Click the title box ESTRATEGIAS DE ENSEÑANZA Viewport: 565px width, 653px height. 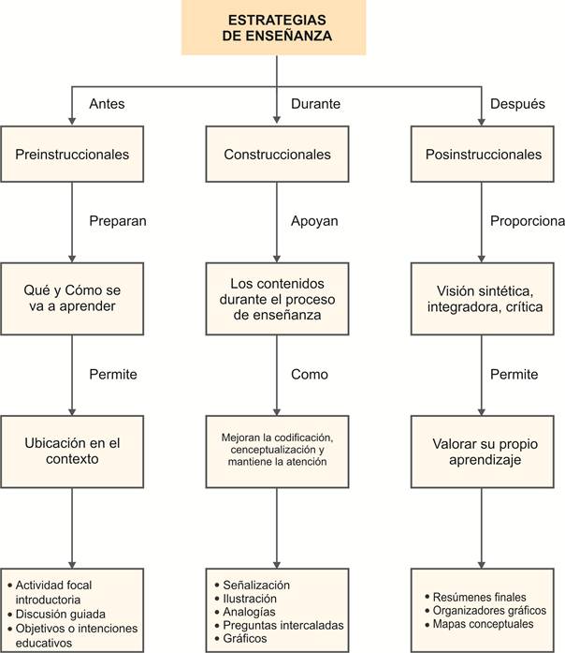(x=273, y=27)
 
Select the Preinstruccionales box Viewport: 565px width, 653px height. (x=72, y=154)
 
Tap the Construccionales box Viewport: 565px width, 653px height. (x=277, y=154)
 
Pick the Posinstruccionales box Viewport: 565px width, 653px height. (x=483, y=154)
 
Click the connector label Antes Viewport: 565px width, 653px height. (x=107, y=104)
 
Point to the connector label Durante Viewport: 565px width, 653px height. (x=315, y=104)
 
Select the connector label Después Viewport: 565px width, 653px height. (x=517, y=104)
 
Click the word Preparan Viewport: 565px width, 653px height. (x=118, y=221)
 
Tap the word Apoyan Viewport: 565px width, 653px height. (x=314, y=221)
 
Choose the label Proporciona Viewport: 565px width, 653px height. (x=528, y=221)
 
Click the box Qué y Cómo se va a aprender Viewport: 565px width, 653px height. (x=72, y=299)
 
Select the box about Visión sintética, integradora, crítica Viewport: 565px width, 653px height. (x=483, y=299)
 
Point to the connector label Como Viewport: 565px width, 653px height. (x=310, y=374)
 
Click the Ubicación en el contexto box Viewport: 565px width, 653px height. (x=72, y=452)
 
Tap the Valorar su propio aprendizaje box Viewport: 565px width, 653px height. (x=483, y=452)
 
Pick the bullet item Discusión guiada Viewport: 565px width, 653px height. (x=60, y=614)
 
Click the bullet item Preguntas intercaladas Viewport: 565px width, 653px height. (x=283, y=625)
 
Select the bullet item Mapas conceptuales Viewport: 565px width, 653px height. (x=483, y=624)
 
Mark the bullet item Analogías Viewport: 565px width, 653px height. (x=249, y=612)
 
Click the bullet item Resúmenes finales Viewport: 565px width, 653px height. (x=479, y=597)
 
